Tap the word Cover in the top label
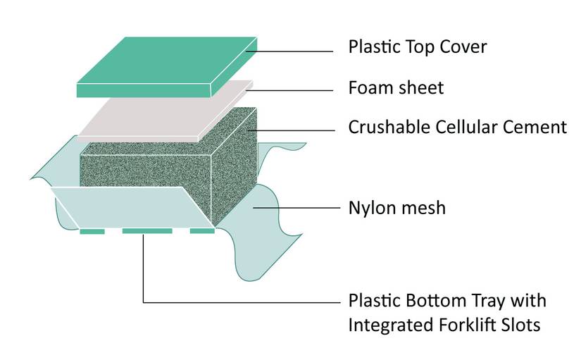tap(462, 48)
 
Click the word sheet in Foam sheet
tap(420, 88)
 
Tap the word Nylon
tap(371, 209)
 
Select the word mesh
tap(423, 209)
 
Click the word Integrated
tap(389, 326)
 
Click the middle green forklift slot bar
tap(146, 231)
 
